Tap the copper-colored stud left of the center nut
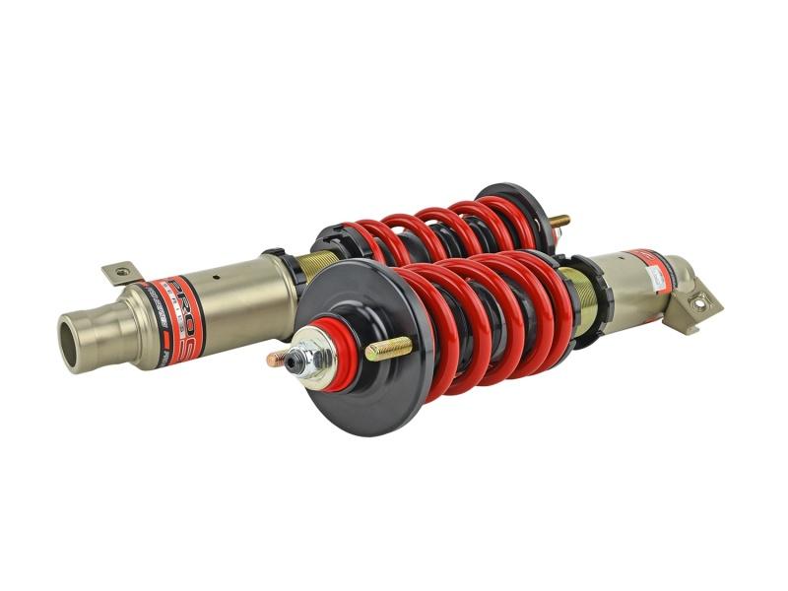pyautogui.click(x=277, y=359)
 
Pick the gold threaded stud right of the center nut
pyautogui.click(x=388, y=348)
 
